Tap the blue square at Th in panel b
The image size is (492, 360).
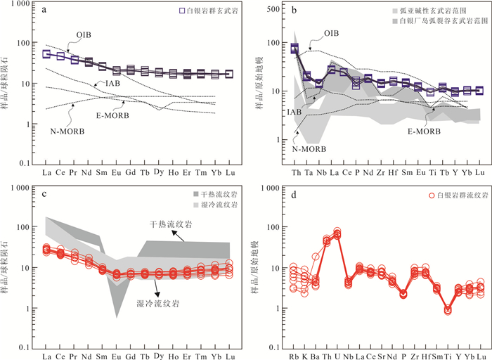[x=294, y=48]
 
